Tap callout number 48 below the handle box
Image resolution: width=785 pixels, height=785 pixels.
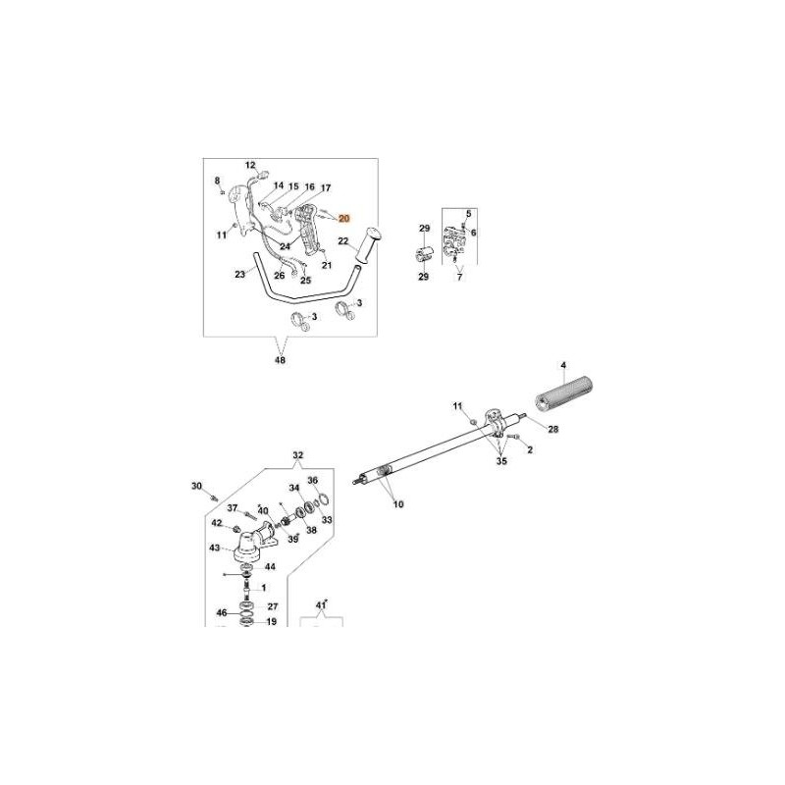coord(281,360)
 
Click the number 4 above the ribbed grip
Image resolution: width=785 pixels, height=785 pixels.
coord(563,367)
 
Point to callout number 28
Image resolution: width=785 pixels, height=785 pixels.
coord(552,429)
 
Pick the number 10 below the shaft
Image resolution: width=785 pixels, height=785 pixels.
coord(398,504)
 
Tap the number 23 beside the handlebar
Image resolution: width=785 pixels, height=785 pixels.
coord(239,275)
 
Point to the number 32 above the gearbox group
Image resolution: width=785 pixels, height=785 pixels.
coord(298,455)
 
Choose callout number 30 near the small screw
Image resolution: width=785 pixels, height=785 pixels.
coord(196,486)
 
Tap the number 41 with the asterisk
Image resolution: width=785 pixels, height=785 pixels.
coord(320,604)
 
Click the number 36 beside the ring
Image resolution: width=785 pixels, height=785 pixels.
coord(313,481)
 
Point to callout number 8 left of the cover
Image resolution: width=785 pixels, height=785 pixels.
coord(217,181)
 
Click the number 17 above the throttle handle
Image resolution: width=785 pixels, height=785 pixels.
coord(326,187)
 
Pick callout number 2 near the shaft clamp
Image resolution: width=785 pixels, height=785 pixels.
coord(530,450)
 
